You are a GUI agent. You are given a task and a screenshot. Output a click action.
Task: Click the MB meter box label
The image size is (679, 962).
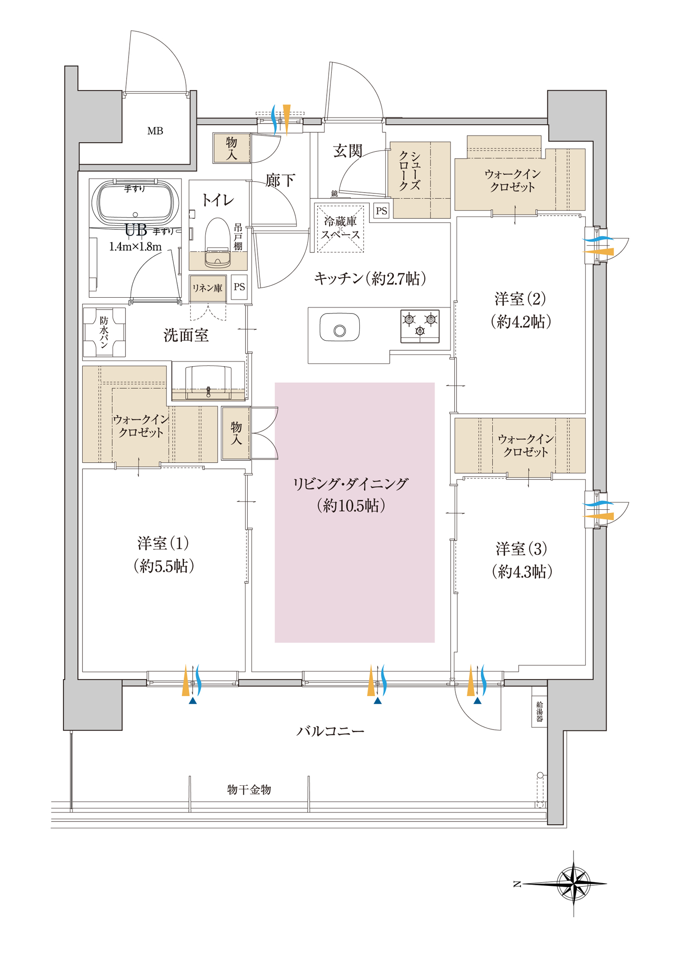(155, 131)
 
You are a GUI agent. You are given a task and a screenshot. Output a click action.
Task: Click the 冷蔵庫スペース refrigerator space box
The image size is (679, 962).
(340, 228)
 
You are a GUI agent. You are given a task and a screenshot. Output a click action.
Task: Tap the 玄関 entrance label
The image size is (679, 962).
(348, 151)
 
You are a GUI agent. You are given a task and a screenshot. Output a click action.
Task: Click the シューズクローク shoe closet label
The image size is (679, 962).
(410, 171)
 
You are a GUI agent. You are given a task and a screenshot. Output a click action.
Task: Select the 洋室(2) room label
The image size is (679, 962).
(520, 299)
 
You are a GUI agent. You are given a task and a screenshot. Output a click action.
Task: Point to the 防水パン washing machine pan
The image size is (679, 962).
(104, 332)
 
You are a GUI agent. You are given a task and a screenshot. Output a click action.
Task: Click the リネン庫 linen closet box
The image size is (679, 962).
(207, 288)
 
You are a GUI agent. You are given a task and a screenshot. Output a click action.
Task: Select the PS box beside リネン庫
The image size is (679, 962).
(239, 287)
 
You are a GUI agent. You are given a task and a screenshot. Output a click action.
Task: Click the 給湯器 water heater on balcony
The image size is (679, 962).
(539, 711)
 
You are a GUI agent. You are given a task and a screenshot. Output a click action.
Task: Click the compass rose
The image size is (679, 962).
(573, 883)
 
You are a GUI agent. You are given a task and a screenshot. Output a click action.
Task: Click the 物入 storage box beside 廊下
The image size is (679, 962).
(231, 148)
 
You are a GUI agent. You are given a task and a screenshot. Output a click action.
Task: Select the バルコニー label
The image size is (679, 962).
(330, 731)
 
